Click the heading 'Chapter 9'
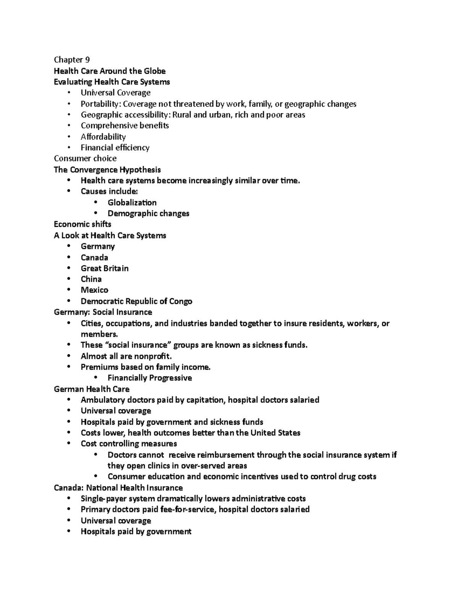point(72,60)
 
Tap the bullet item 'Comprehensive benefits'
point(124,126)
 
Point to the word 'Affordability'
point(103,137)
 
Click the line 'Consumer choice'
point(85,158)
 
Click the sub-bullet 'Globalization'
point(132,202)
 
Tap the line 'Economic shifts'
point(82,224)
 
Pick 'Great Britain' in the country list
point(105,268)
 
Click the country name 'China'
point(91,279)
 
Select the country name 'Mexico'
point(94,290)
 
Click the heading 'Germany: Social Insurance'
point(103,312)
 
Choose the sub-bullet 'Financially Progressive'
point(150,378)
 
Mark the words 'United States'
point(275,433)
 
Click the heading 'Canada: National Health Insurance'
point(118,488)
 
